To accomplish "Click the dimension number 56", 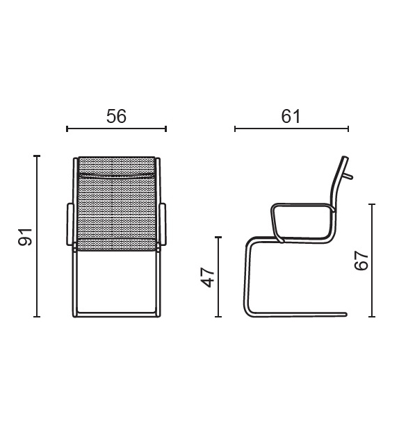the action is tap(116, 116).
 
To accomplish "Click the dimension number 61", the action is tap(291, 116).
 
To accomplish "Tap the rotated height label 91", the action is tap(25, 237).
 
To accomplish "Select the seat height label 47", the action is tap(208, 277).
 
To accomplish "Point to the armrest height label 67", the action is tap(361, 261).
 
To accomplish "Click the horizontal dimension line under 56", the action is tap(116, 129).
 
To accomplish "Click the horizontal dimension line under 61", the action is tap(292, 129).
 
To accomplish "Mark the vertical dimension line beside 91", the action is tap(37, 236).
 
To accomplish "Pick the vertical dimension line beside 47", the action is tap(218, 276).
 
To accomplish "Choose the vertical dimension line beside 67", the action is tap(372, 261).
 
